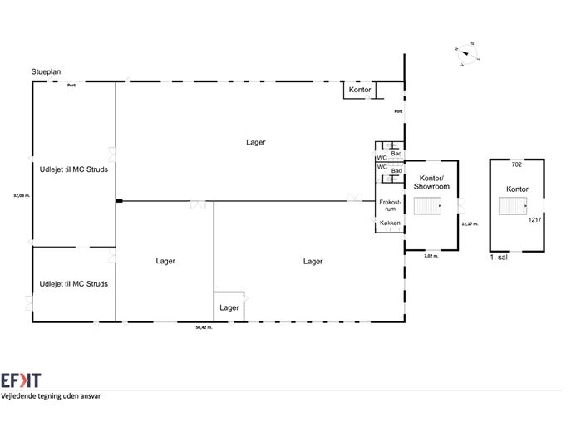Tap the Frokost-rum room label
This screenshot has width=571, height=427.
click(390, 205)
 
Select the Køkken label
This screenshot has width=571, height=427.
click(390, 224)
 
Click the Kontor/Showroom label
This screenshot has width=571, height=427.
click(432, 183)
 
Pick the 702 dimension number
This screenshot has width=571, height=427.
click(516, 164)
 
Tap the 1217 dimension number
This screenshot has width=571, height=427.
click(534, 220)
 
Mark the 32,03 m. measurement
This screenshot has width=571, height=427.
click(22, 196)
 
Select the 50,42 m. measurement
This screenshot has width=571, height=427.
click(203, 328)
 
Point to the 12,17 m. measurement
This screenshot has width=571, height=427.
click(471, 223)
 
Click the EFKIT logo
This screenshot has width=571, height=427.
click(20, 380)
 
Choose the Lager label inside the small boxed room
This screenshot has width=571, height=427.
click(229, 307)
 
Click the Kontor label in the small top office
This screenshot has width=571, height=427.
click(359, 89)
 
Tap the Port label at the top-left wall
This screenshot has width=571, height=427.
click(72, 86)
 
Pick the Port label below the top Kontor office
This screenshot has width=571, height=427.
click(398, 111)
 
